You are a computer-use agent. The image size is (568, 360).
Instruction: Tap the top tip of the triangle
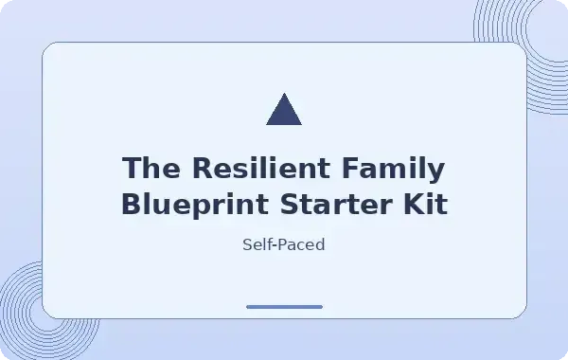(x=284, y=93)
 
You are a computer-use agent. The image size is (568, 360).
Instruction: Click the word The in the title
(x=151, y=168)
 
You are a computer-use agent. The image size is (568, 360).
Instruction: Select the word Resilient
(x=261, y=168)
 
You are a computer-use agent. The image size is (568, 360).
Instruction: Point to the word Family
(x=394, y=171)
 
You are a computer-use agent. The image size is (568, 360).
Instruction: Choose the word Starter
(x=336, y=204)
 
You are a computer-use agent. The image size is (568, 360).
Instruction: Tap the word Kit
(x=426, y=204)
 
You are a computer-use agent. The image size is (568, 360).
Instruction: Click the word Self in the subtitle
(x=257, y=244)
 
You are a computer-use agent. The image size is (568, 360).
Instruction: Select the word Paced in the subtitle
(x=301, y=244)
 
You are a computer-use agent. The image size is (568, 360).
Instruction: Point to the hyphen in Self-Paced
(x=274, y=246)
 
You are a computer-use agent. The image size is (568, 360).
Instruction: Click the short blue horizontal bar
(x=284, y=307)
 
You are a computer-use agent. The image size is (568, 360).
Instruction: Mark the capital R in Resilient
(x=203, y=168)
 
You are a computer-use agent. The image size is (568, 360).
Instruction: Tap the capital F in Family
(x=351, y=168)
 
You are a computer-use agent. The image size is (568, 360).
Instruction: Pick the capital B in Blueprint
(x=132, y=204)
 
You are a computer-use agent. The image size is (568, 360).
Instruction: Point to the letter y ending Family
(x=435, y=173)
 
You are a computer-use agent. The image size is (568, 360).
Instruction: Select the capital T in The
(x=133, y=168)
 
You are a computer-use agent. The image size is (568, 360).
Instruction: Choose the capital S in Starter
(x=290, y=204)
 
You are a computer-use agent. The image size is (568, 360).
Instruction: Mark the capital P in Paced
(x=281, y=244)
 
